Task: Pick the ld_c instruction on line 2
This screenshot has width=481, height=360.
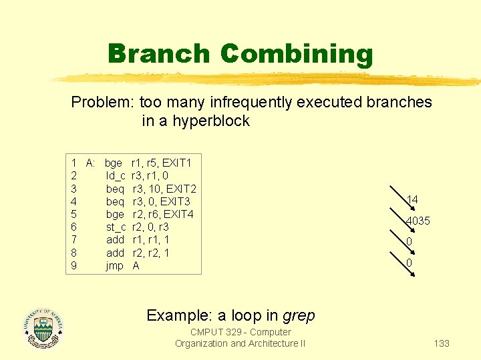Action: pos(116,176)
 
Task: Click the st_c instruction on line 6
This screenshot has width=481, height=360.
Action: pos(116,227)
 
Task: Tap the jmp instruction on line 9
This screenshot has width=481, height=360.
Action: pos(115,266)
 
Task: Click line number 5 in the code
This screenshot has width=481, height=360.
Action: pos(73,215)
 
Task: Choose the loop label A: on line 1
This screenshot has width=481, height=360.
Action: pos(91,163)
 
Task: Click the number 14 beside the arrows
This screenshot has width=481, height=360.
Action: pos(412,199)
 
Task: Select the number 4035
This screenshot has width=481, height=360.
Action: pos(418,221)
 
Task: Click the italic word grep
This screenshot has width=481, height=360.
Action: pos(299,315)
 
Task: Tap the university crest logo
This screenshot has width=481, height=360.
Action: pos(43,328)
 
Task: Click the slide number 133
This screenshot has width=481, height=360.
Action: pos(442,343)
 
